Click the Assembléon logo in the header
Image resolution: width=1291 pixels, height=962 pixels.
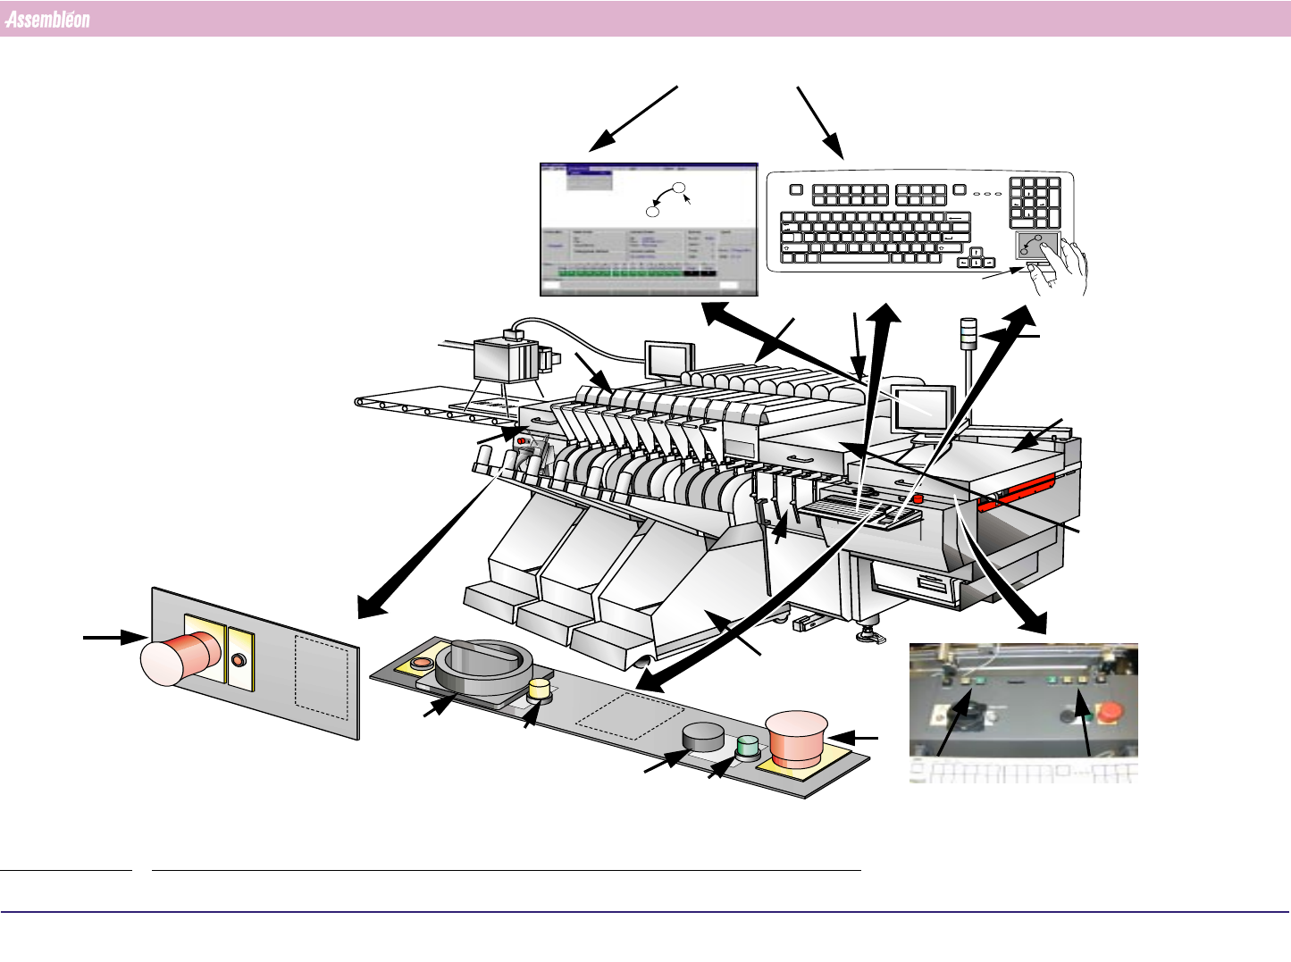point(47,20)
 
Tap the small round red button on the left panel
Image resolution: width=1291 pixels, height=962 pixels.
point(238,660)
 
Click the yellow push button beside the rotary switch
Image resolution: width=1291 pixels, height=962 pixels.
point(539,690)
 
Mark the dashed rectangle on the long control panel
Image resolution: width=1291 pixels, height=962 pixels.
point(631,717)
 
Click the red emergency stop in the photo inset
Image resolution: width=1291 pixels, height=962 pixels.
point(1111,713)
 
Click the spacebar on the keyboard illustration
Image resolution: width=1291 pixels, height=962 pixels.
point(858,257)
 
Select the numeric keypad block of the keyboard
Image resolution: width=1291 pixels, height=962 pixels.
point(1035,202)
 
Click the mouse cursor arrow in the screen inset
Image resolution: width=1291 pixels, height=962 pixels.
point(686,198)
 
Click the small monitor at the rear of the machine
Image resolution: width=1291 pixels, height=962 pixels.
point(668,359)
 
